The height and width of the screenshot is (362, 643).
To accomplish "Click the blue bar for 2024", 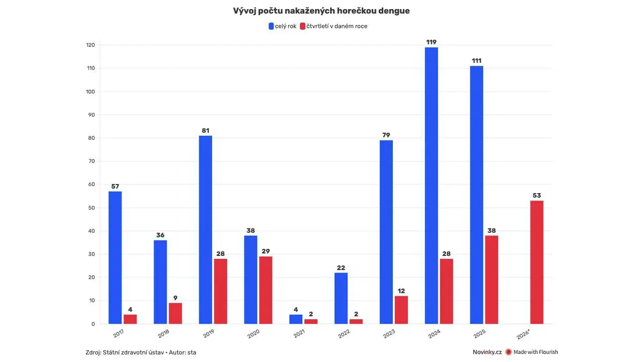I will click(431, 186).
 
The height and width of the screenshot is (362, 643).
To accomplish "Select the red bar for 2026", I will click(536, 262).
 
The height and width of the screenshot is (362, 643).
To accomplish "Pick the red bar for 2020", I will click(266, 290).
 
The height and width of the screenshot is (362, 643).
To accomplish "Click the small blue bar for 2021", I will click(296, 319).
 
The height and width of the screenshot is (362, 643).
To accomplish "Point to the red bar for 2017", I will click(130, 319).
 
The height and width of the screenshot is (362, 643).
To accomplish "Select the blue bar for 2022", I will click(341, 298).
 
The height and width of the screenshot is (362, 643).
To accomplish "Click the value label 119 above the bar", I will click(431, 42).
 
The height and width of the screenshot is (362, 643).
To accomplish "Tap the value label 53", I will click(536, 195).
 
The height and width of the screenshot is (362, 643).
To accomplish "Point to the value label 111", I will click(476, 61).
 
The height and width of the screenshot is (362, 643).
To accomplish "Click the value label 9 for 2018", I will click(175, 298).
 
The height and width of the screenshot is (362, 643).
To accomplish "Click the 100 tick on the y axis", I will click(91, 92).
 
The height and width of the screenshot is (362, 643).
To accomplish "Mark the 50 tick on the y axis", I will click(92, 208).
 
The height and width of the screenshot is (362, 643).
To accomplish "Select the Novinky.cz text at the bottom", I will click(487, 352).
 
